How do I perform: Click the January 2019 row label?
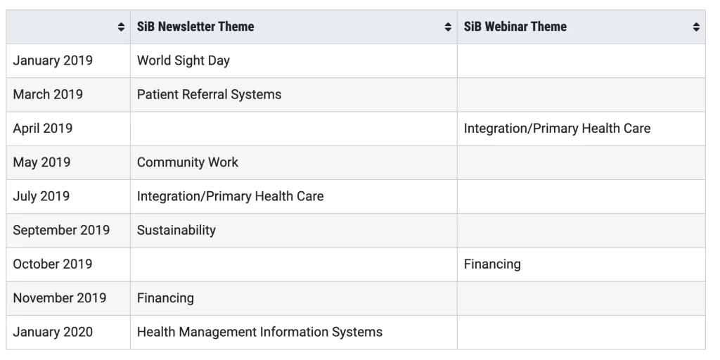pyautogui.click(x=53, y=60)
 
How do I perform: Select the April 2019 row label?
pyautogui.click(x=43, y=128)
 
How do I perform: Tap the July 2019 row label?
pyautogui.click(x=41, y=196)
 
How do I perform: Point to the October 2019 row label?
pyautogui.click(x=52, y=264)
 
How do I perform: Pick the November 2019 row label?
pyautogui.click(x=60, y=298)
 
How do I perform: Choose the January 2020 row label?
pyautogui.click(x=53, y=332)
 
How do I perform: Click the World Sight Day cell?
pyautogui.click(x=184, y=60)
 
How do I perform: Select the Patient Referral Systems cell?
pyautogui.click(x=209, y=95)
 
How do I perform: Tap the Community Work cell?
pyautogui.click(x=187, y=162)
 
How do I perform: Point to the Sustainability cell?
pyautogui.click(x=176, y=230)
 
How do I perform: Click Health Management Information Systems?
pyautogui.click(x=259, y=332)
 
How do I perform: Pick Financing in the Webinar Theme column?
pyautogui.click(x=492, y=264)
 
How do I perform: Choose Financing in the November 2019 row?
pyautogui.click(x=165, y=298)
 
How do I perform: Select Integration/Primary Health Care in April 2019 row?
pyautogui.click(x=557, y=129)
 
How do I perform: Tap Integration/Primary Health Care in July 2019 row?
pyautogui.click(x=230, y=197)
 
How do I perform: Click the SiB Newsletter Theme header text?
pyautogui.click(x=195, y=27)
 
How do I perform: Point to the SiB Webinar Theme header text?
pyautogui.click(x=515, y=27)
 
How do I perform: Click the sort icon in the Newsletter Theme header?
pyautogui.click(x=448, y=27)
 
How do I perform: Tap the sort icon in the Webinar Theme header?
pyautogui.click(x=696, y=27)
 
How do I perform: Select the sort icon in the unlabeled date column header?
pyautogui.click(x=121, y=27)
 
